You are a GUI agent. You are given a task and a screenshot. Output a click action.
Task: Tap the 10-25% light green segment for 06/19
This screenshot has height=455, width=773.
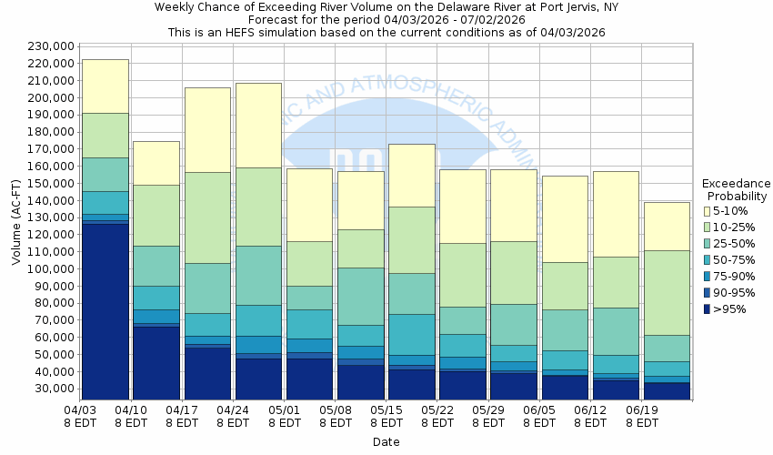point(667,292)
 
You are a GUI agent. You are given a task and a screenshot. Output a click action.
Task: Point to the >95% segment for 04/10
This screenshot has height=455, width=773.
point(156,362)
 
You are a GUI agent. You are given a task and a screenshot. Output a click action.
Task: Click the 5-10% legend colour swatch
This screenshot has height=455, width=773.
point(707,210)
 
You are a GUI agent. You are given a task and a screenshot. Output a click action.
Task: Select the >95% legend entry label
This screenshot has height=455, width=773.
point(728,309)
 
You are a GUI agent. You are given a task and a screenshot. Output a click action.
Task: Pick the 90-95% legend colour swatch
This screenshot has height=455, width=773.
point(707,293)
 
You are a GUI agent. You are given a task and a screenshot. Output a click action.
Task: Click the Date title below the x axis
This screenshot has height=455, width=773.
point(386,441)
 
